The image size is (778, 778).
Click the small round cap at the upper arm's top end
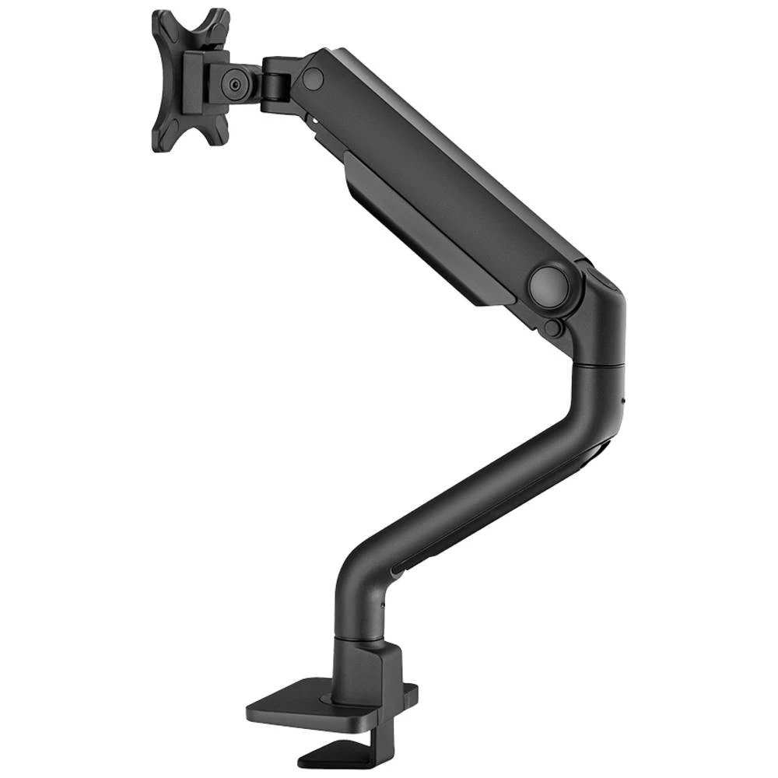click(313, 77)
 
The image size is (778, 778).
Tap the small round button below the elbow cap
click(552, 328)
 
